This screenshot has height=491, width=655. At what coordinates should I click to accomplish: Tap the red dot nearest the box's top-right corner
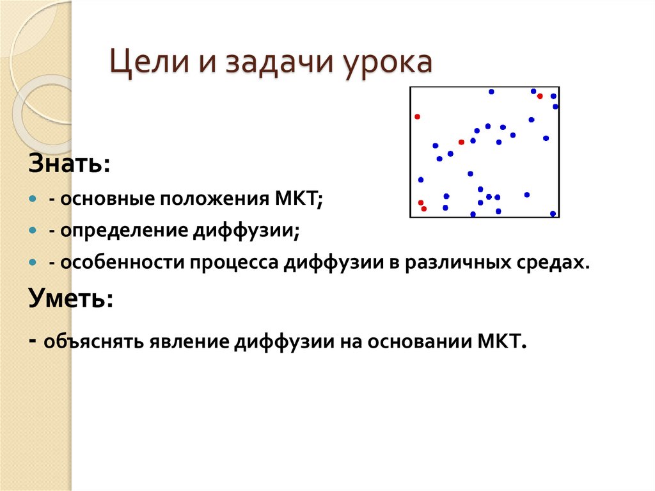[x=540, y=96]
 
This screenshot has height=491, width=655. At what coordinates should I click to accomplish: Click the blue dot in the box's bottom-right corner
[x=553, y=214]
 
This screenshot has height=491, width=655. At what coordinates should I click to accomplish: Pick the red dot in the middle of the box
[x=461, y=142]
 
